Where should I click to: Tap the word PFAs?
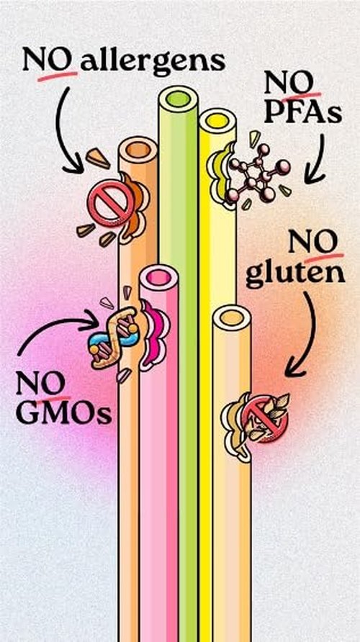click(x=302, y=114)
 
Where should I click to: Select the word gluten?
click(x=295, y=276)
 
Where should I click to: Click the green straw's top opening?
click(x=178, y=99)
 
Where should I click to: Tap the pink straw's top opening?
click(x=159, y=278)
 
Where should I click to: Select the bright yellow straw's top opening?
click(x=218, y=121)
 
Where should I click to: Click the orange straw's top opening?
click(x=138, y=150)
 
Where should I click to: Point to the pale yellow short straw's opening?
click(x=232, y=317)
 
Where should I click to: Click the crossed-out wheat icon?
click(x=264, y=418)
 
